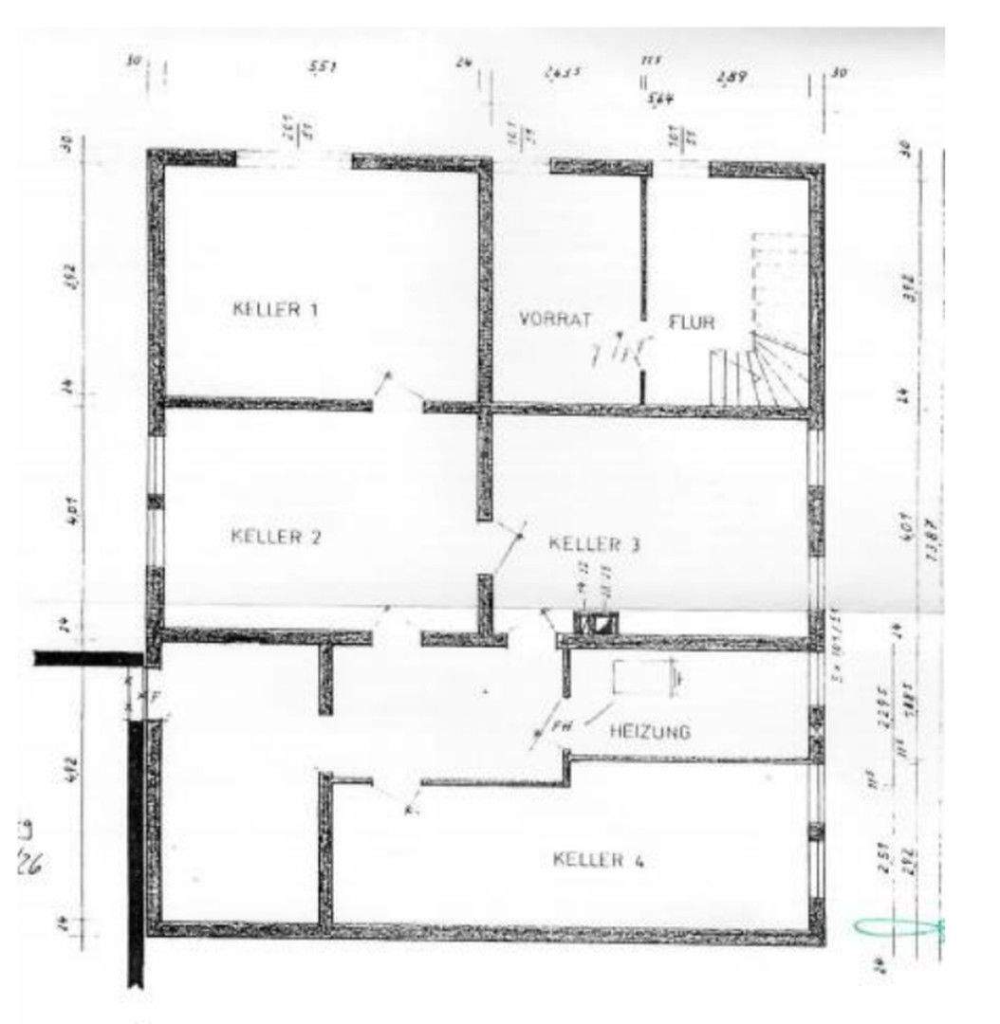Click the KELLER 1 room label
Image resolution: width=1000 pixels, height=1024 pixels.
point(275,309)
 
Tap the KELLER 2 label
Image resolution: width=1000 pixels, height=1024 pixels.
point(276,537)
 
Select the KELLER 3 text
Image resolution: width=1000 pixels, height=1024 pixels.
point(595,544)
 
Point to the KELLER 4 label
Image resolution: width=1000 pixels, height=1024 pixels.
point(599,860)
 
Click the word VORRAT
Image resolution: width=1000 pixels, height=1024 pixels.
point(555,320)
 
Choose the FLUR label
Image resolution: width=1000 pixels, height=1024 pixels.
point(692,322)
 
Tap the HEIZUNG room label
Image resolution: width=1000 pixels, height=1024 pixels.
point(650,732)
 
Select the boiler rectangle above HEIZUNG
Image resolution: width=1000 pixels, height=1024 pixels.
point(642,678)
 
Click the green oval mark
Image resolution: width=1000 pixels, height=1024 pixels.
point(887,926)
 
